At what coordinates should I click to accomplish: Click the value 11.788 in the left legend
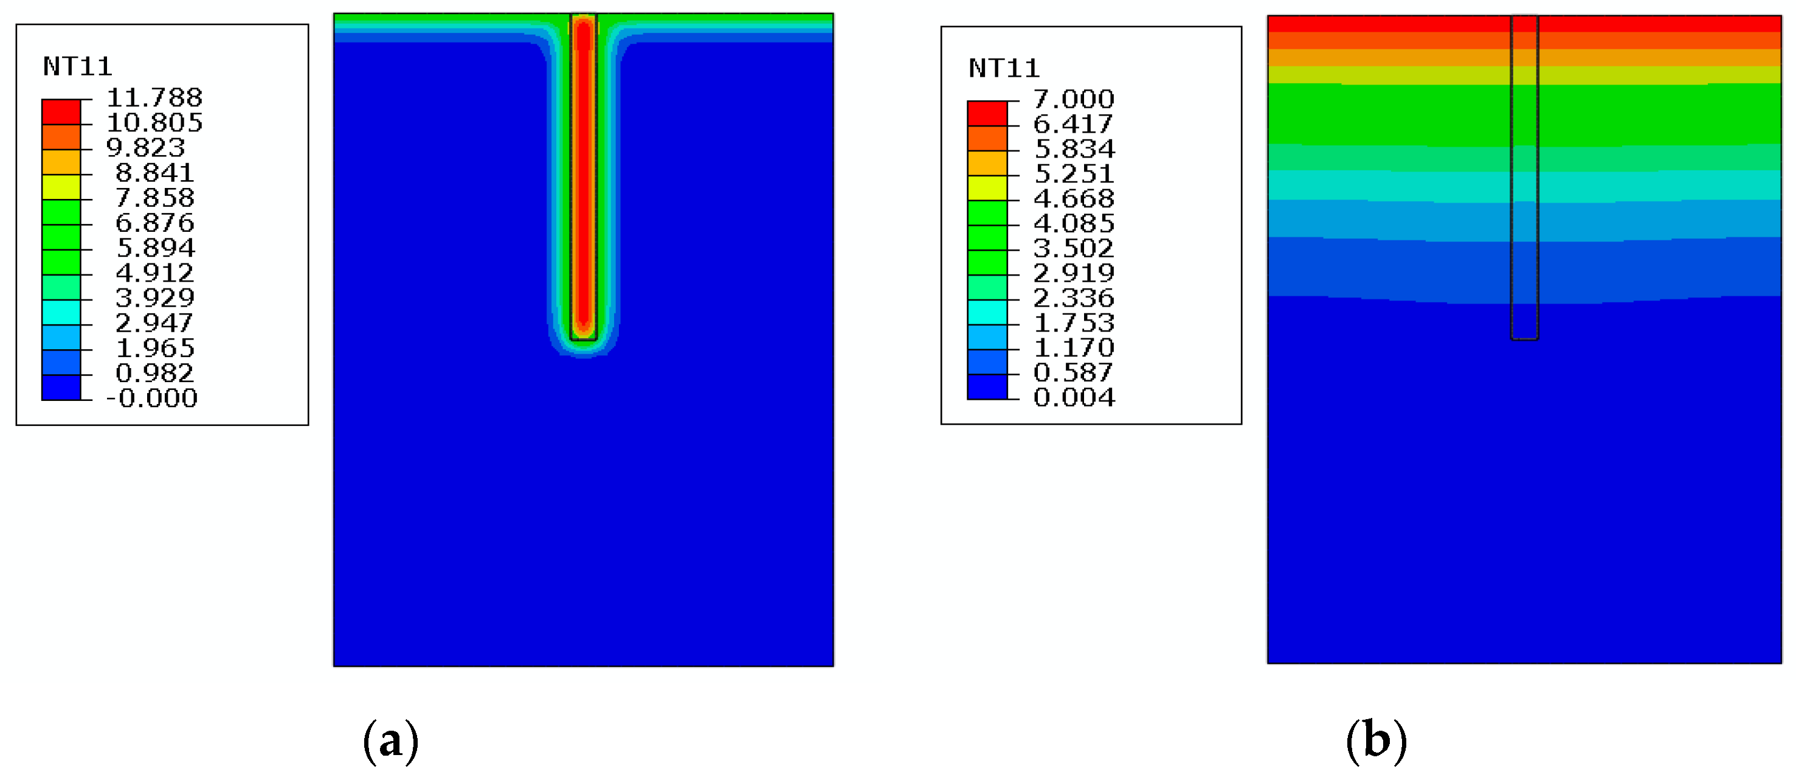[x=154, y=97]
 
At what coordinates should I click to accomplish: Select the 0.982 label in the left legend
[x=154, y=373]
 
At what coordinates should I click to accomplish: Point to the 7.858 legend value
[x=154, y=198]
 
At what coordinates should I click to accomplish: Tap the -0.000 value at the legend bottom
[x=151, y=399]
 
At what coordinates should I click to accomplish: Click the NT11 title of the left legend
[x=77, y=67]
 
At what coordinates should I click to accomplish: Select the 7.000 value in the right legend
[x=1074, y=99]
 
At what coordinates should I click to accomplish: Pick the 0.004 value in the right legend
[x=1074, y=398]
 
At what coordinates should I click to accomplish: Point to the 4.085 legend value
[x=1074, y=223]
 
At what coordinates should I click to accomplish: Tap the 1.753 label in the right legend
[x=1074, y=323]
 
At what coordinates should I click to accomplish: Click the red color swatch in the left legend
[x=61, y=111]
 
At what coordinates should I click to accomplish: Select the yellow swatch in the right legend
[x=987, y=187]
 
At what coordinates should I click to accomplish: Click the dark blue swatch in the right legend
[x=987, y=387]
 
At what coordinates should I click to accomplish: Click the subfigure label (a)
[x=390, y=741]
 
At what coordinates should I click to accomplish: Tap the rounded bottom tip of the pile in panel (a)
[x=584, y=337]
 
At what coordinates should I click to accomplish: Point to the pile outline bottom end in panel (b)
[x=1525, y=338]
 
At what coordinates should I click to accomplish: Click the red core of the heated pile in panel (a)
[x=584, y=175]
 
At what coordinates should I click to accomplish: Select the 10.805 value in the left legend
[x=154, y=123]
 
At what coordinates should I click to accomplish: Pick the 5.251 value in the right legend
[x=1074, y=174]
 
